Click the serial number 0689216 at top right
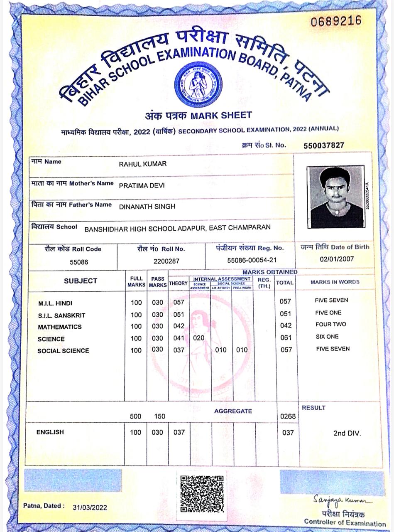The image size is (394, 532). pos(336,20)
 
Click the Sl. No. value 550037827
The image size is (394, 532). pos(324,145)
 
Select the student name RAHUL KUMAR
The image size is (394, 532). pos(143,164)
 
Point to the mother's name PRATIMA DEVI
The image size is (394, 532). pos(142,185)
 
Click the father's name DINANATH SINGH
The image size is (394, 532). pos(147,207)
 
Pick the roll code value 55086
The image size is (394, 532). pos(79,262)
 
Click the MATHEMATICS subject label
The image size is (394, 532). pos(60,327)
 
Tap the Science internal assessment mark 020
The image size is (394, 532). pos(199,338)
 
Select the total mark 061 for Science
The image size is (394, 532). pos(286,338)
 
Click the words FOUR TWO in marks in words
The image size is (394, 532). pos(330,324)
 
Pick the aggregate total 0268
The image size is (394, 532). pos(288,416)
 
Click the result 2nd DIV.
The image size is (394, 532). pos(347,433)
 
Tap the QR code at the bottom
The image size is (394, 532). pos(202,494)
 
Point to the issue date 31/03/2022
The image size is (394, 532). pos(90,507)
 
